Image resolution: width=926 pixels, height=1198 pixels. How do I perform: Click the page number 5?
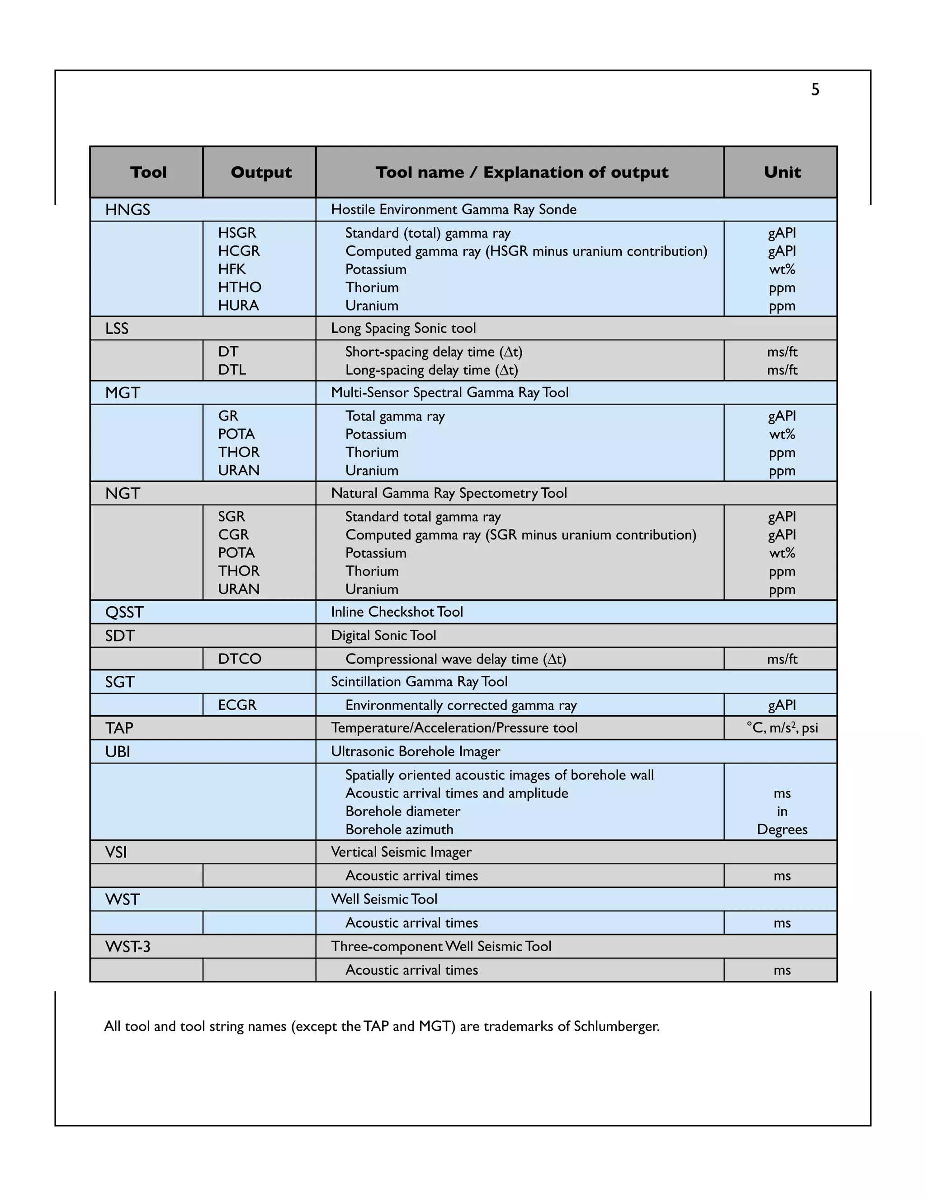[x=815, y=90]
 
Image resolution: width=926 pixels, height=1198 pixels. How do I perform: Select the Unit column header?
[x=782, y=172]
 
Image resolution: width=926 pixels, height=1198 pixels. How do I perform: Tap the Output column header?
[x=261, y=172]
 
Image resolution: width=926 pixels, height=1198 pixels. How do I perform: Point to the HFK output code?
[x=231, y=269]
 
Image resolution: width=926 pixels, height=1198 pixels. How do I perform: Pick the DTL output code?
[x=232, y=370]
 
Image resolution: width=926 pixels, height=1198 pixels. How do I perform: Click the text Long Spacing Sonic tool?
[x=403, y=328]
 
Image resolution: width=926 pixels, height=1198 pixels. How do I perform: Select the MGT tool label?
[x=123, y=393]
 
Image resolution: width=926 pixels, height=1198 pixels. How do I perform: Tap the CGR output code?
[x=233, y=534]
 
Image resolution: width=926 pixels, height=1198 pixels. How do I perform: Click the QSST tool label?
[x=124, y=612]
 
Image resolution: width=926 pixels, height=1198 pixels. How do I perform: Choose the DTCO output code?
[x=240, y=659]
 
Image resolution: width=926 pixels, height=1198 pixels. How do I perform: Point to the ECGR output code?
[x=237, y=705]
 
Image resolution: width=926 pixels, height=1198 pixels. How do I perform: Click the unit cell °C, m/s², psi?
[x=782, y=728]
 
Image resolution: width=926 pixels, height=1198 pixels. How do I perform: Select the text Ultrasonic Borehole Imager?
[x=415, y=751]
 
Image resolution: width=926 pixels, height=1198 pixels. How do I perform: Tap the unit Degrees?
[x=782, y=830]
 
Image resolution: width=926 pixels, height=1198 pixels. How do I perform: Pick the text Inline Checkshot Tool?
[x=397, y=612]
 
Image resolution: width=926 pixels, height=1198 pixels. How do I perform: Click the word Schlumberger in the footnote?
[x=616, y=1026]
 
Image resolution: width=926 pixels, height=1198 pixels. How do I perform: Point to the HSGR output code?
[x=237, y=233]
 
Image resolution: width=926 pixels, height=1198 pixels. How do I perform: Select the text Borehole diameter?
[x=403, y=811]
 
